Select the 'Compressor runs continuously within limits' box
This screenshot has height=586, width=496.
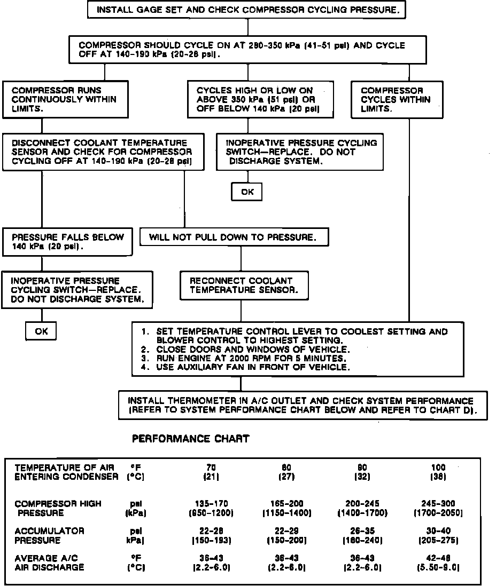65,99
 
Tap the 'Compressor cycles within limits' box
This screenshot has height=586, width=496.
397,99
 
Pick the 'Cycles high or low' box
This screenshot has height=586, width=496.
260,99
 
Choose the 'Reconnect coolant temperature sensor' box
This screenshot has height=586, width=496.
244,286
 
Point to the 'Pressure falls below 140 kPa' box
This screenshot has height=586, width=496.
68,242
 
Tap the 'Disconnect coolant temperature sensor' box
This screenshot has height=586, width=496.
103,152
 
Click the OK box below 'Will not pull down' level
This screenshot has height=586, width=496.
41,331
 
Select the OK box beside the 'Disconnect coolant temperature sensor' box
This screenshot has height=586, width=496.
247,192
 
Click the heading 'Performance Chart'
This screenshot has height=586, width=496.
190,439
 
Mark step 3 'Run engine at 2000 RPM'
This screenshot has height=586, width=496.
251,358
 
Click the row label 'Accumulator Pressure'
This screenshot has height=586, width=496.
49,535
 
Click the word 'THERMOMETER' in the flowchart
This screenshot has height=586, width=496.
188,400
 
